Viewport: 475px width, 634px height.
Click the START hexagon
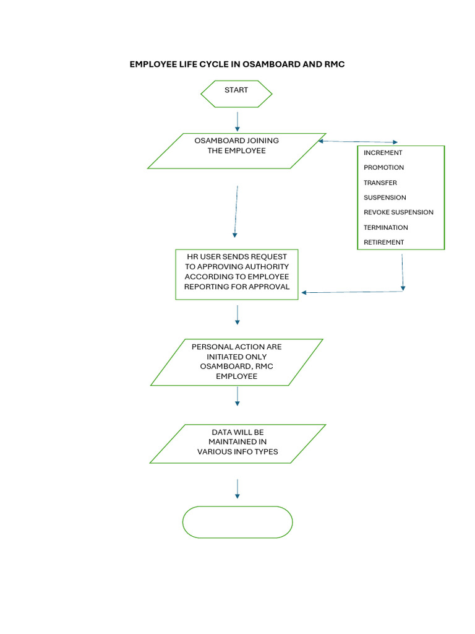coord(236,93)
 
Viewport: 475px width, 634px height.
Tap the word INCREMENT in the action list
coord(383,153)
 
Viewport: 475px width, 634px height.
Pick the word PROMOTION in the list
coord(383,168)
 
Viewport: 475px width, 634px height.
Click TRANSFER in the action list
coord(380,183)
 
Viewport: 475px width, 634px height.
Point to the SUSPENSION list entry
coord(385,198)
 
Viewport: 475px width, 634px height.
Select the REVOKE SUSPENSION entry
coord(398,212)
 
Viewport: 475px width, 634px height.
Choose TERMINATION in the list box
coord(386,227)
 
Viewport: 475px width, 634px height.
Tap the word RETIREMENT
coord(383,242)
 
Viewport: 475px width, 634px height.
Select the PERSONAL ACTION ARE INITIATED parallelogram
coord(236,362)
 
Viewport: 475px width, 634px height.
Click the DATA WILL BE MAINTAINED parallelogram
coord(237,443)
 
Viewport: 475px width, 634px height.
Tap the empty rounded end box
coord(237,522)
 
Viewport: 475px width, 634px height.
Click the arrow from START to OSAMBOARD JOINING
coord(237,121)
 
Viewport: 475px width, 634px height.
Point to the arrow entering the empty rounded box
coord(237,489)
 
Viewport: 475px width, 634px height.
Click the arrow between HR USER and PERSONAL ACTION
coord(237,314)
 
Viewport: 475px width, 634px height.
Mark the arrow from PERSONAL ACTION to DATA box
coord(237,396)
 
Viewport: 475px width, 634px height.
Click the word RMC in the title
coord(335,64)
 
